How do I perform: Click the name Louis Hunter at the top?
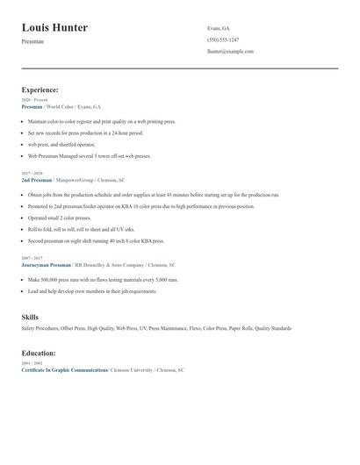point(54,28)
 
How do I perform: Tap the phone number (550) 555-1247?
point(223,39)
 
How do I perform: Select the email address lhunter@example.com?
point(230,52)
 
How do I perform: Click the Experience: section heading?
point(40,89)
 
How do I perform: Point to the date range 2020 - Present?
point(35,100)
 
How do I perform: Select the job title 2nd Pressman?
point(38,179)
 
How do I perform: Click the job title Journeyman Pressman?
point(47,264)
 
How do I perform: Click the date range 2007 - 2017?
point(33,258)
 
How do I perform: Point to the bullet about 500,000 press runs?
point(104,279)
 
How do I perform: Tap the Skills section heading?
point(30,317)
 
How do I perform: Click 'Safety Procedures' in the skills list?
point(40,328)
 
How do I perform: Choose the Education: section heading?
point(39,353)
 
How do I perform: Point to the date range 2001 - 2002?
point(33,363)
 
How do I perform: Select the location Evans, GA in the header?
point(219,28)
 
